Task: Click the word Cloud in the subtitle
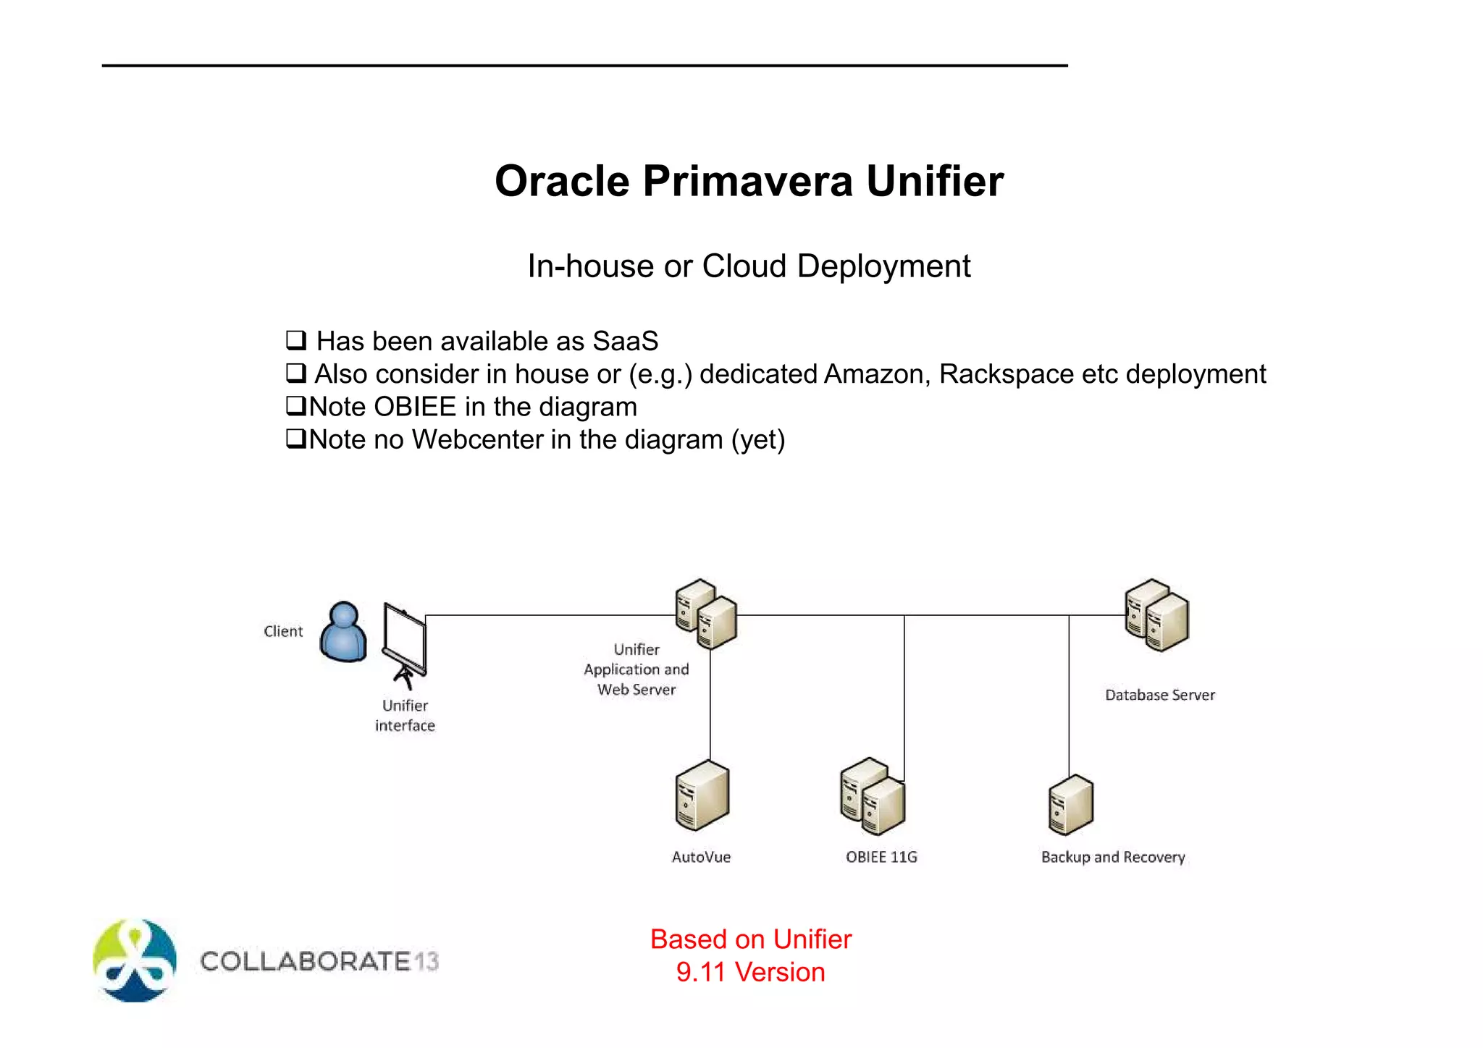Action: (744, 266)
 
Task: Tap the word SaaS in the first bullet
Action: (625, 341)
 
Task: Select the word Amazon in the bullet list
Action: (876, 374)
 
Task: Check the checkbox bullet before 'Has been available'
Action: (295, 339)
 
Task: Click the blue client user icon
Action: (343, 632)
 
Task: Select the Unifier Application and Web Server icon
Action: (705, 614)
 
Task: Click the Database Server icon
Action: (1156, 615)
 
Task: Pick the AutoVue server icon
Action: (702, 795)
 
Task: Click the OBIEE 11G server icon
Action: (873, 796)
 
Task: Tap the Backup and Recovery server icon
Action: (1070, 805)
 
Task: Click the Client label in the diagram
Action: (283, 631)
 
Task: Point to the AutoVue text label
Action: (701, 857)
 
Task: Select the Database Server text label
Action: (1159, 695)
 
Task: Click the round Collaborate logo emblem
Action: (135, 960)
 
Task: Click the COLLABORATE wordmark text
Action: (305, 961)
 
